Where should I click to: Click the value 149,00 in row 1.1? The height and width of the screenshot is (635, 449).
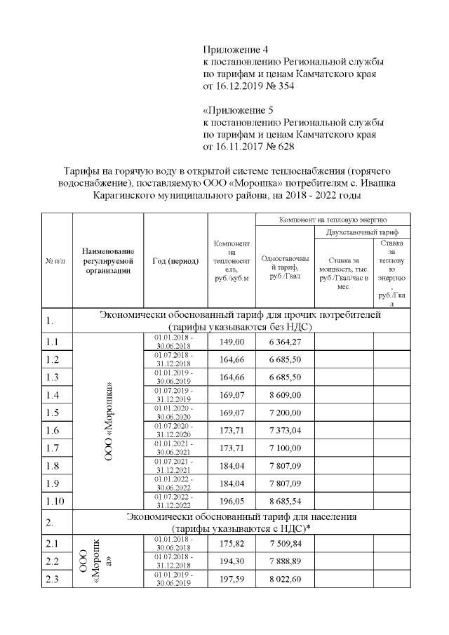[232, 342]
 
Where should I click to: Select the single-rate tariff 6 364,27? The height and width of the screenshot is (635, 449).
[284, 342]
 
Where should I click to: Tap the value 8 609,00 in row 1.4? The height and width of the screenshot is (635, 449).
[284, 394]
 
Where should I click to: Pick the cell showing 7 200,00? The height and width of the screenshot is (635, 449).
[284, 412]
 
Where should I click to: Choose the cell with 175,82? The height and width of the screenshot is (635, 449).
[232, 543]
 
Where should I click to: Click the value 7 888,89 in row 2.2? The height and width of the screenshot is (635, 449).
[284, 561]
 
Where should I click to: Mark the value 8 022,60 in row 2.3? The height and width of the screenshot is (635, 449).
[284, 578]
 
